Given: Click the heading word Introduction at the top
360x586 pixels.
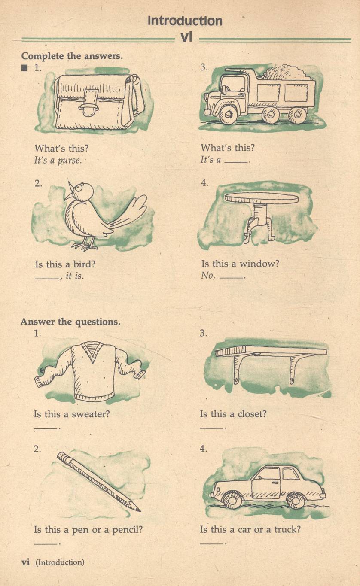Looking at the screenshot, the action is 185,21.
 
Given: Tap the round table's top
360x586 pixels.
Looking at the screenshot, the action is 261,199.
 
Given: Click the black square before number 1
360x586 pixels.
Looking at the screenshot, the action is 24,68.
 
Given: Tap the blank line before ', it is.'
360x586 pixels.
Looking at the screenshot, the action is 46,279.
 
